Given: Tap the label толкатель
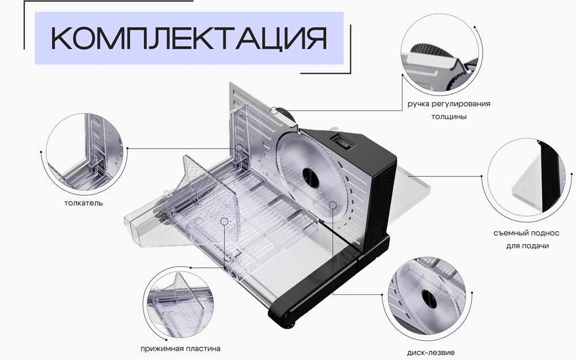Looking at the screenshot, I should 84,203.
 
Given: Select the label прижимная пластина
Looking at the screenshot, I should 180,348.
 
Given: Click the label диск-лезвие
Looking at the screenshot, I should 431,353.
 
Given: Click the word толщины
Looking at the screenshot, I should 449,116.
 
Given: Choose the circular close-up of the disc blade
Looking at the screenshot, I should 431,297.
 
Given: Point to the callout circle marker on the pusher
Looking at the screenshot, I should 239,148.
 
